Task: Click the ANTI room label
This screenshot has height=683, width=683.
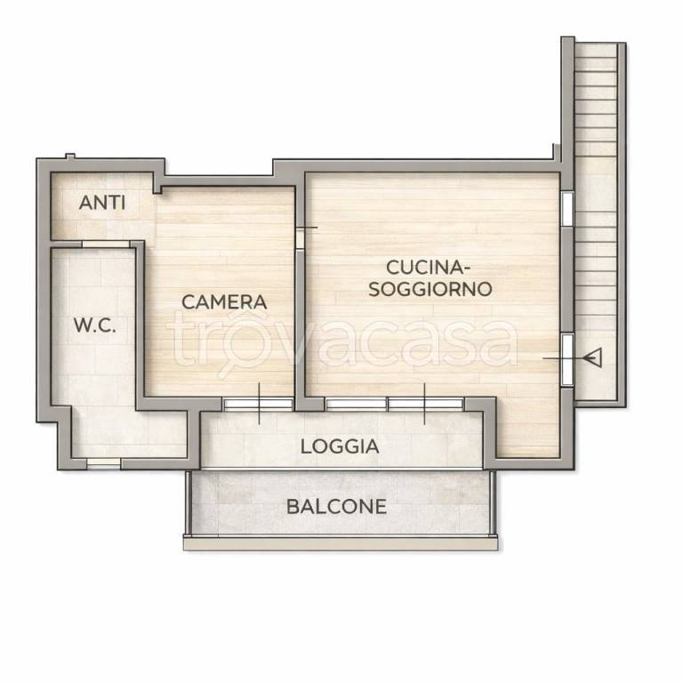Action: pos(102,203)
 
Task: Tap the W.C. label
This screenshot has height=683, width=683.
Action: pos(95,325)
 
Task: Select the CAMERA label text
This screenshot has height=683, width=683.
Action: pos(224,301)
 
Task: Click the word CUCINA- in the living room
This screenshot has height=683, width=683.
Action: pos(428,268)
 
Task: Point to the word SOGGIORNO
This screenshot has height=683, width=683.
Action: pos(430,289)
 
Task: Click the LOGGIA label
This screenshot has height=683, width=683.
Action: pos(340,446)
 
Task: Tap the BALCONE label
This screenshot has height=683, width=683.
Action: pos(337,507)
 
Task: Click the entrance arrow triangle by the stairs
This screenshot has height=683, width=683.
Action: pos(593,358)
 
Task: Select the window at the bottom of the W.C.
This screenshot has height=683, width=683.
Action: pos(104,464)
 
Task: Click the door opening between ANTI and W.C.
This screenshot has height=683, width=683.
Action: pos(106,245)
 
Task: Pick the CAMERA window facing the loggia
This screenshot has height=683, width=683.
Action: pos(258,405)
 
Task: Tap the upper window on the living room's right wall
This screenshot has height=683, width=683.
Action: pos(567,209)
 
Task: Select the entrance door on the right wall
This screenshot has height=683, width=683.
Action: pos(567,360)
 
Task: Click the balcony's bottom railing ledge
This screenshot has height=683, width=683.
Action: pos(341,543)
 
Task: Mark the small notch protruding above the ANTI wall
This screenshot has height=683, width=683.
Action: pos(70,156)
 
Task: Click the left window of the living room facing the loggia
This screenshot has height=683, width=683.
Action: pos(356,405)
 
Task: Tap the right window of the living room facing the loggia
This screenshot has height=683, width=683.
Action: pos(426,405)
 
